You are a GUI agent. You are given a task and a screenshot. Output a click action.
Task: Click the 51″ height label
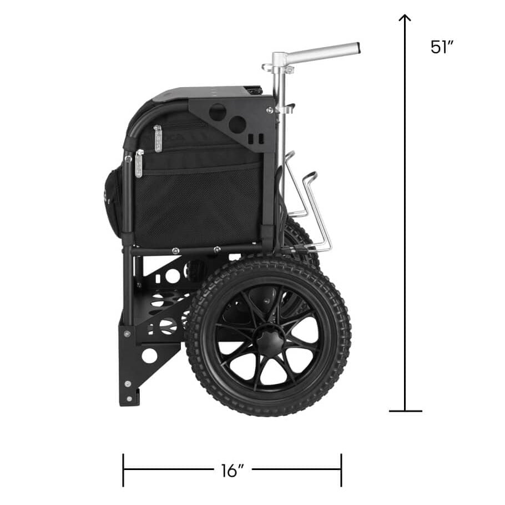point(442,47)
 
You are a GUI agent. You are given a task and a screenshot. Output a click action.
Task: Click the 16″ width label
point(233,471)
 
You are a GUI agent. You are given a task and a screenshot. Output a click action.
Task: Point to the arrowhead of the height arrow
point(405,18)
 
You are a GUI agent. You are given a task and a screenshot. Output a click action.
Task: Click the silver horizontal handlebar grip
point(322,51)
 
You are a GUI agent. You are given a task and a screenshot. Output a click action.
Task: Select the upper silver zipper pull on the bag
point(158,139)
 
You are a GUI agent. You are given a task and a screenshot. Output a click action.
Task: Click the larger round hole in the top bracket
point(218,112)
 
